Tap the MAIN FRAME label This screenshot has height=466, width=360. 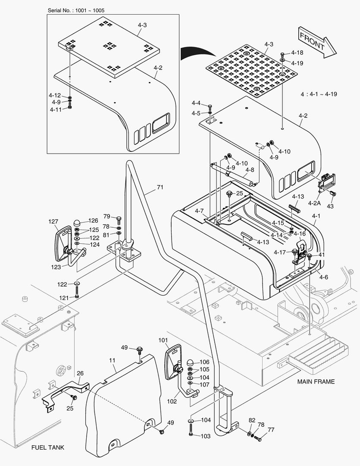pos(316,381)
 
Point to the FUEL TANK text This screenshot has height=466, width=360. pos(48,447)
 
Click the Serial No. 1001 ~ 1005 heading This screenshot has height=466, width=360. pos(75,9)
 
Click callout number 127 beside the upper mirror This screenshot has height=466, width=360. pos(53,222)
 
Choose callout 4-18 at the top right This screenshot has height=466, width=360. pos(297,53)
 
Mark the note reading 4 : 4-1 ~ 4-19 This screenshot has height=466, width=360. pos(319,94)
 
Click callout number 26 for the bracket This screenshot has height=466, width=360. pos(80,373)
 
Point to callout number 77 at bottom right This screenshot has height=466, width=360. pos(271,430)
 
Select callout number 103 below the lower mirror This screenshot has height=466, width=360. pos(206,436)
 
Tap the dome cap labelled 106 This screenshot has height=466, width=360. pos(191,363)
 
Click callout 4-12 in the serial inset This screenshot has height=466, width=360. pos(55,95)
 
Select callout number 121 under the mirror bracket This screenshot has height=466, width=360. pos(64,298)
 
